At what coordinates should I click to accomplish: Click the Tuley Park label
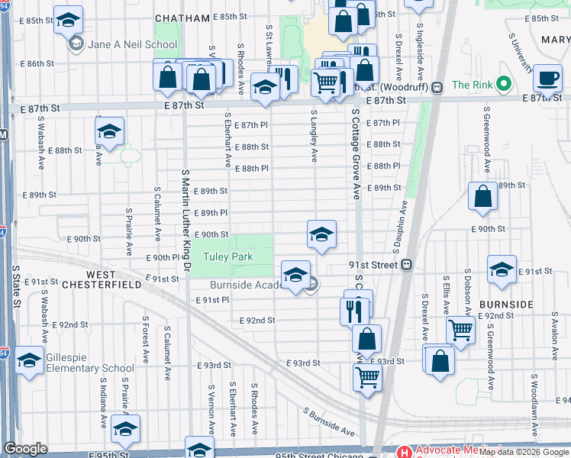(227, 257)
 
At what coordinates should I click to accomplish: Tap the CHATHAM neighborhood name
(182, 18)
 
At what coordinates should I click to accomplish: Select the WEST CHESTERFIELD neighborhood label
(113, 279)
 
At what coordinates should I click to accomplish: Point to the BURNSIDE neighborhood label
(506, 304)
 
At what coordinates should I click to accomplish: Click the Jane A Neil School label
(133, 45)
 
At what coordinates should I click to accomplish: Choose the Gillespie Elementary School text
(89, 368)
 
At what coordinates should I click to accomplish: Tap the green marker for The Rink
(503, 84)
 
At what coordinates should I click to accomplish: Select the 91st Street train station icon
(408, 265)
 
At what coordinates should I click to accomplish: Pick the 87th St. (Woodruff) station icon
(437, 87)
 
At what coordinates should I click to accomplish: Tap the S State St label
(15, 286)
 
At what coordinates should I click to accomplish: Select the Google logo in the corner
(26, 449)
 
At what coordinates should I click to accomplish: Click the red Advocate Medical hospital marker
(402, 452)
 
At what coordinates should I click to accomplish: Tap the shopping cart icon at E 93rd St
(367, 376)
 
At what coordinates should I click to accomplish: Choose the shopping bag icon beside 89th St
(482, 196)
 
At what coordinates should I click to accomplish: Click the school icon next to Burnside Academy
(295, 274)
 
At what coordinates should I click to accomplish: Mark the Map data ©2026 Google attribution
(524, 452)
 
